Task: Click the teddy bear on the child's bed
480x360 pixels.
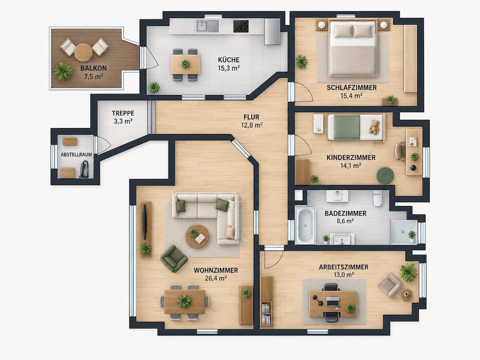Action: tap(374, 127)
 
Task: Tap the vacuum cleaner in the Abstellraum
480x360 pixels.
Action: tap(84, 170)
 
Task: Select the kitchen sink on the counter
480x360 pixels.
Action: tap(208, 26)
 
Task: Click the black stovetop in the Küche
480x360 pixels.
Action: tap(241, 26)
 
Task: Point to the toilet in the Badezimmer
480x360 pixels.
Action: tap(377, 198)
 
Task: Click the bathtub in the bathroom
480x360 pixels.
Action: tap(305, 225)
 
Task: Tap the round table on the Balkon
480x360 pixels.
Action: tap(83, 52)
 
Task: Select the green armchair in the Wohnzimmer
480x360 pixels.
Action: tap(174, 258)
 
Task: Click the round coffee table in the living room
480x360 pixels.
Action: tap(197, 236)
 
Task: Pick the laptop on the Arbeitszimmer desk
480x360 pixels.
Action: tap(333, 301)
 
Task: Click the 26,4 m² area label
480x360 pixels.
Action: tap(215, 278)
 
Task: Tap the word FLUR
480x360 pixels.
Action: tap(252, 117)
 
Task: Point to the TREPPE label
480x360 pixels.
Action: tap(123, 113)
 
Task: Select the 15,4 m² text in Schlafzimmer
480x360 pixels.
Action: tap(352, 96)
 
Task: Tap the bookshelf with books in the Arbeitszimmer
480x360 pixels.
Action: tap(266, 314)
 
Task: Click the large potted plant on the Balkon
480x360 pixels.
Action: tap(63, 71)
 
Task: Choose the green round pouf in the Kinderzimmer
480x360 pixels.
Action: tap(385, 175)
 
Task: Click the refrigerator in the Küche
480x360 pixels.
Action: tap(272, 31)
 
